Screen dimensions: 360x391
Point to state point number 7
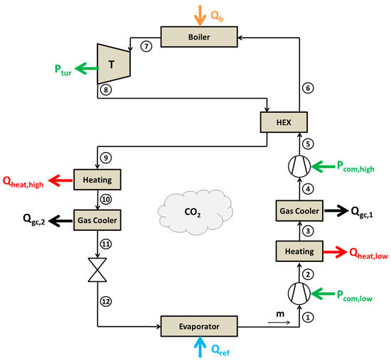[x=147, y=47]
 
